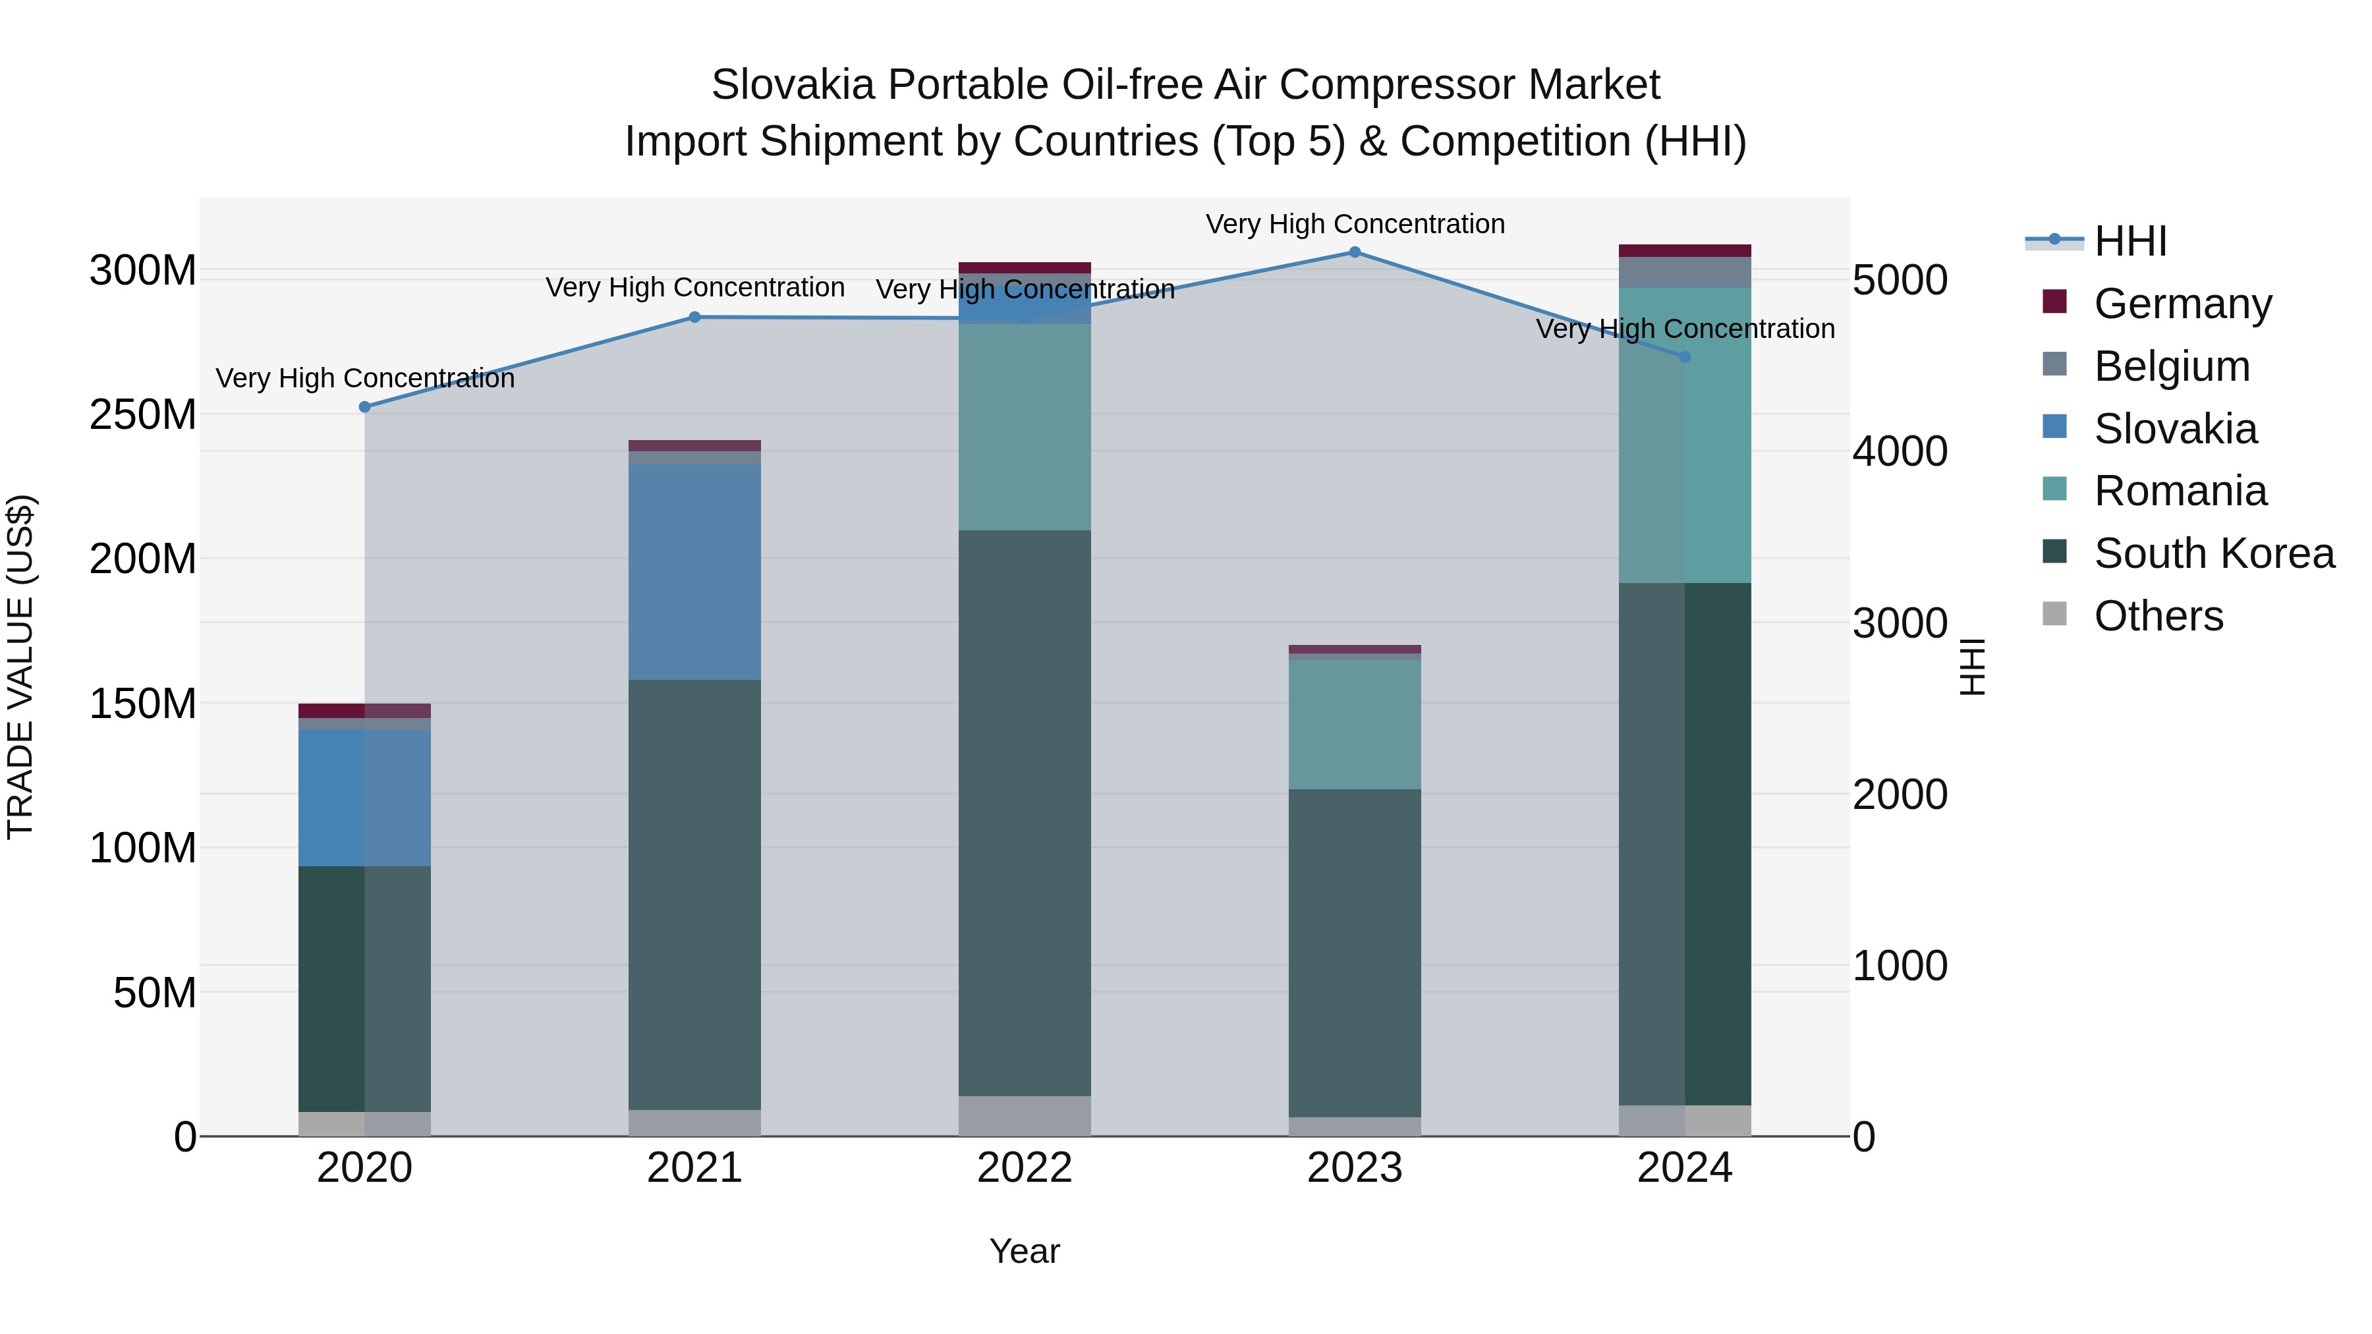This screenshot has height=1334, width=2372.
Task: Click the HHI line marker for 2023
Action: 1355,252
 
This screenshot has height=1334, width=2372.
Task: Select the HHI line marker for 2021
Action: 695,317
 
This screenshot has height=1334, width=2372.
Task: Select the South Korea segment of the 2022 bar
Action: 1025,812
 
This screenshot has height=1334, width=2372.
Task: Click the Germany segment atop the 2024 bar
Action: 1685,250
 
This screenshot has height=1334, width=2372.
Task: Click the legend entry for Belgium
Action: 2171,366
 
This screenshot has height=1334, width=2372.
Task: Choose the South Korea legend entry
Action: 2214,553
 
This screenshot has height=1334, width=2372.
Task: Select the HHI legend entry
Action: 2130,241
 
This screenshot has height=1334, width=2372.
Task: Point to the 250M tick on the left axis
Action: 143,414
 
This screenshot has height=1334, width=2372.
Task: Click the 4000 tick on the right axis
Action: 1900,451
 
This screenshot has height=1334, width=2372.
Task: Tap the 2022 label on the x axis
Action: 1025,1168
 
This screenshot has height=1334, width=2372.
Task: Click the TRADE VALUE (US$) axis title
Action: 20,667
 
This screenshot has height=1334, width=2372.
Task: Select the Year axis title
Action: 1025,1251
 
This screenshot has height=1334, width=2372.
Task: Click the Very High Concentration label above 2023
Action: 1355,224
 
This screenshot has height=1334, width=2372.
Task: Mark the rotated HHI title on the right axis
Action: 1971,667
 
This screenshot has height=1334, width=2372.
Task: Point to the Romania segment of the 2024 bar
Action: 1685,435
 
